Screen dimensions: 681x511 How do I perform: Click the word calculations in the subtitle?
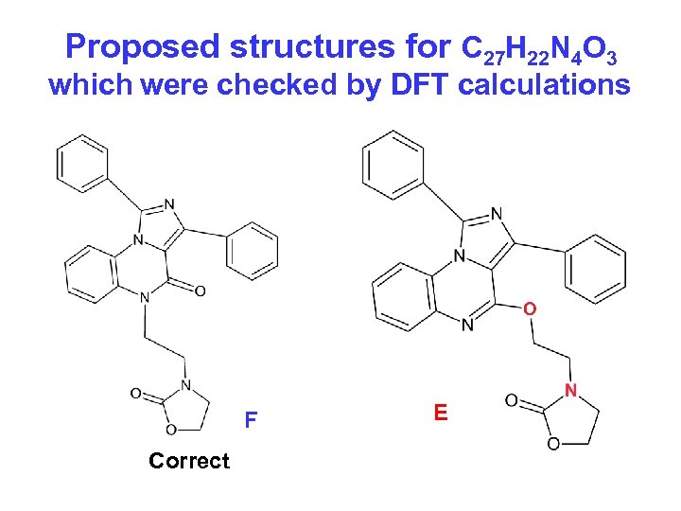click(544, 85)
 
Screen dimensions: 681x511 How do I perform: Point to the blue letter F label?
click(251, 419)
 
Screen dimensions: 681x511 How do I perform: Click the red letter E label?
click(440, 413)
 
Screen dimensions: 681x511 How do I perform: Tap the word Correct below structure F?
click(189, 461)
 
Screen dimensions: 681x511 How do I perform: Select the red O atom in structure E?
click(530, 309)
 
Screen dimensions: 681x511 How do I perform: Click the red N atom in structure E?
click(570, 391)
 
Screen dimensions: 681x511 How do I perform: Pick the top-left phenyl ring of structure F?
click(82, 162)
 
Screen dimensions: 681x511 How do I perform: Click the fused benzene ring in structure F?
click(93, 275)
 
